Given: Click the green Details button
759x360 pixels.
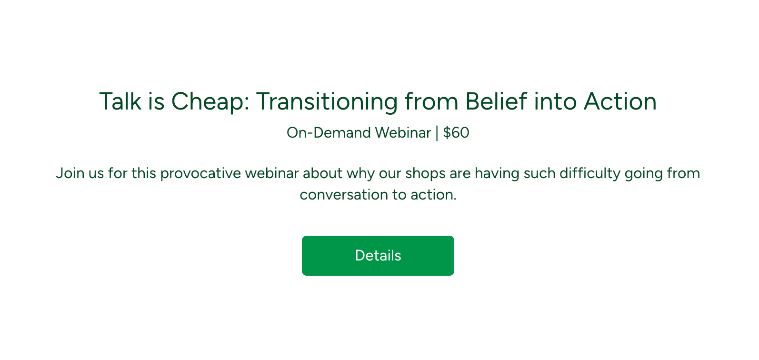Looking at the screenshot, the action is [x=378, y=256].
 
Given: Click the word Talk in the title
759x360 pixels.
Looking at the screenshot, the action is [x=120, y=101].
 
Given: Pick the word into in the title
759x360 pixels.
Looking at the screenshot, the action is [x=555, y=101].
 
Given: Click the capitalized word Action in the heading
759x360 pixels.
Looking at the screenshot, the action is [x=620, y=101].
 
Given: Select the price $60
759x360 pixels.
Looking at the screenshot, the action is [x=456, y=132].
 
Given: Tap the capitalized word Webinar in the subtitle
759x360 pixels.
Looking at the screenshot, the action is [x=403, y=132].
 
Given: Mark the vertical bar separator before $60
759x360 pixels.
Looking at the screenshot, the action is [x=437, y=133].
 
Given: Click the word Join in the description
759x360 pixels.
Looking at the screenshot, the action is [x=70, y=173].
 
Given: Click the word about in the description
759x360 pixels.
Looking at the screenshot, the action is [x=322, y=173].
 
